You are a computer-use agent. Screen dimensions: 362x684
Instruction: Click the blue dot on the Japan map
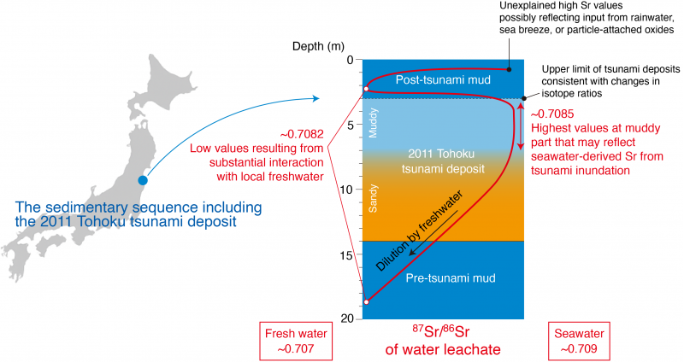pos(142,181)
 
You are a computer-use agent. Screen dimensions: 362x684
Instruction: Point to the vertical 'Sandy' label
pos(373,204)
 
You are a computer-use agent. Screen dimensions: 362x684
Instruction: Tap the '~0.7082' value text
pos(299,134)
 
